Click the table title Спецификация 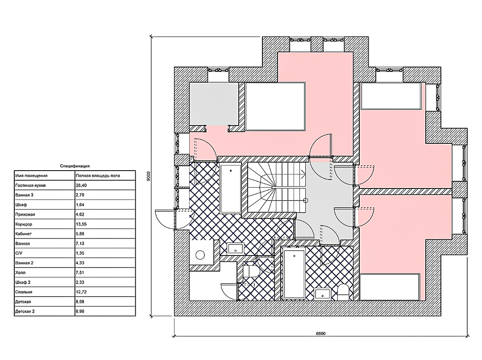point(75,166)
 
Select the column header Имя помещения point(31,176)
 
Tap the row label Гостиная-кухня point(30,185)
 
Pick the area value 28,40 point(80,185)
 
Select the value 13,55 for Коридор point(80,224)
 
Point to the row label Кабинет point(23,234)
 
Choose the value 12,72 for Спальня point(80,292)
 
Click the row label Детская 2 point(25,311)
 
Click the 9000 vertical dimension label point(149,176)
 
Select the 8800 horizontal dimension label point(320,333)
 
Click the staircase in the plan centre point(277,188)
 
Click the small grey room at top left point(214,104)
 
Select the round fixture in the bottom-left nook point(200,255)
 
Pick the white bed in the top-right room point(391,96)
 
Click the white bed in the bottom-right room point(390,287)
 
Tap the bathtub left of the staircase point(231,189)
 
